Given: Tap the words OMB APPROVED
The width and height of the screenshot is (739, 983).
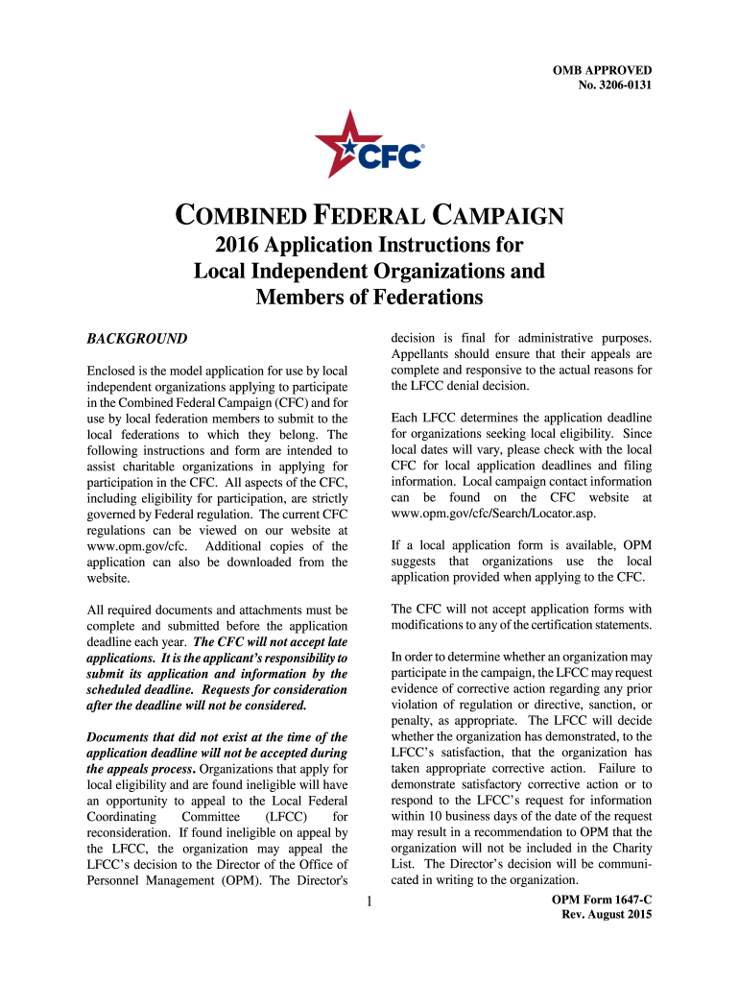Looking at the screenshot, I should pyautogui.click(x=602, y=70).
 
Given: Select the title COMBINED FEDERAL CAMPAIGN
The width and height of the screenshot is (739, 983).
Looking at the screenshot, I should pyautogui.click(x=369, y=216).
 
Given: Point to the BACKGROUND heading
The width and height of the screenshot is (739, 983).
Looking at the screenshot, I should pyautogui.click(x=137, y=339).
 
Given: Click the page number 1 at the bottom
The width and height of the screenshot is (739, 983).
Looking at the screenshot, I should pyautogui.click(x=369, y=901).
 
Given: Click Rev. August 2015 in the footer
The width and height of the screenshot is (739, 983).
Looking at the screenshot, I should pyautogui.click(x=607, y=915).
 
